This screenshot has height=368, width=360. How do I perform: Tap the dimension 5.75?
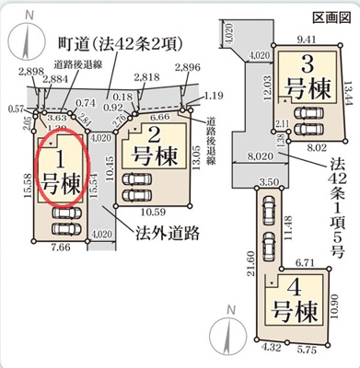[307, 351]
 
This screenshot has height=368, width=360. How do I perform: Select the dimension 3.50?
[269, 182]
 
